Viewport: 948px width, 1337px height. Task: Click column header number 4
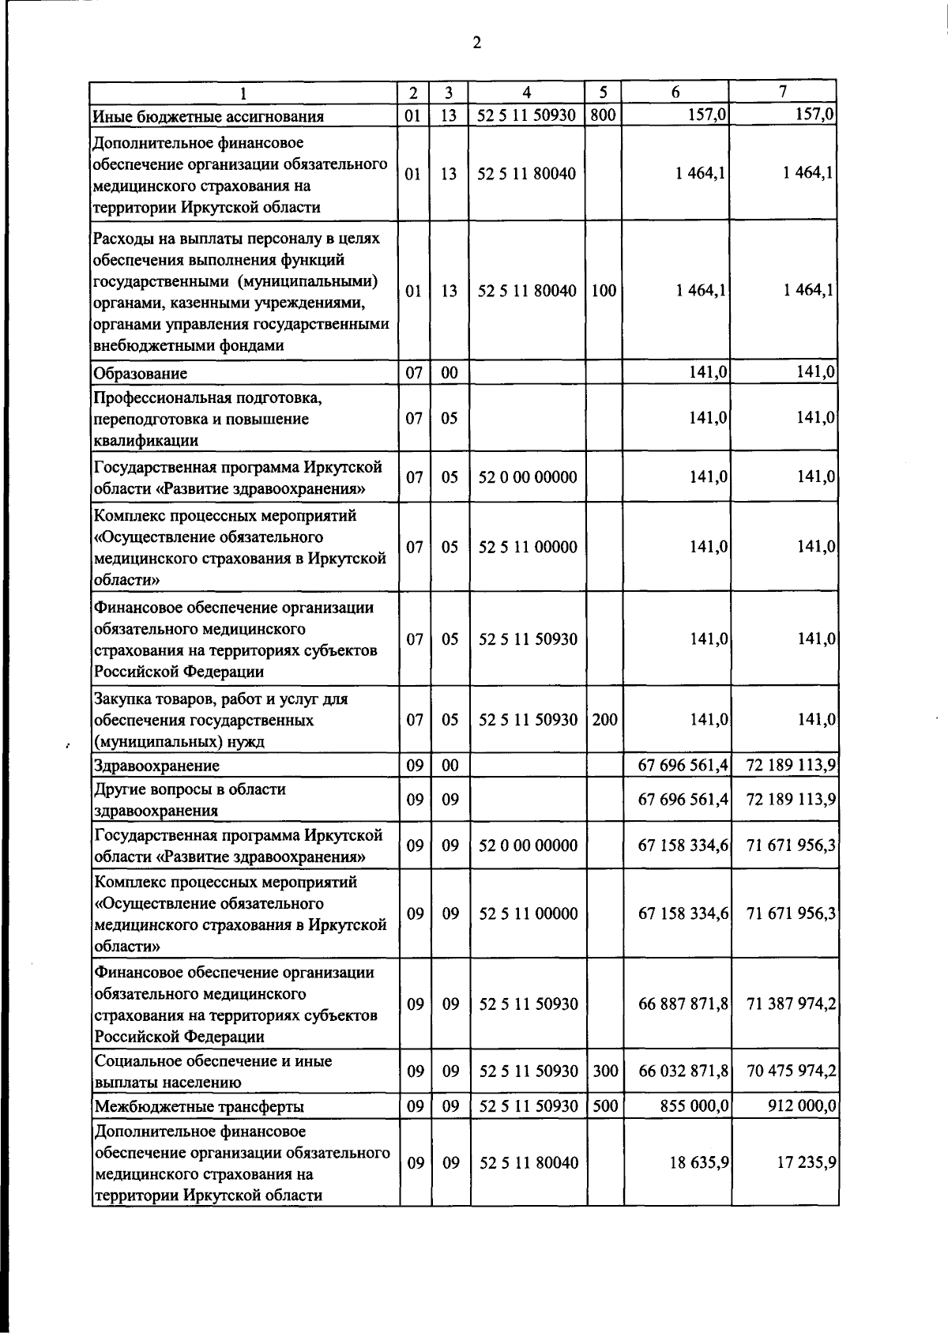pos(527,92)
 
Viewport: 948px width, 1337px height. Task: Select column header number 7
pos(783,92)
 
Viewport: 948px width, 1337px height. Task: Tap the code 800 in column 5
pos(603,115)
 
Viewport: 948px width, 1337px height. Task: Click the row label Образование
pos(140,373)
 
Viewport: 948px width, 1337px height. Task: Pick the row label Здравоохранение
pos(156,765)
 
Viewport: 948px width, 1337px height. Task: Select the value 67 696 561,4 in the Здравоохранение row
pos(683,765)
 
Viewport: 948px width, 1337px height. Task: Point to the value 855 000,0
pos(694,1106)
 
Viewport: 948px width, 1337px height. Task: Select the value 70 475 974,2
pos(791,1071)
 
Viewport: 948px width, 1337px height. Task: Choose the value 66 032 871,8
pos(683,1071)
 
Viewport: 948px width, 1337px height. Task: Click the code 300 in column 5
pos(604,1071)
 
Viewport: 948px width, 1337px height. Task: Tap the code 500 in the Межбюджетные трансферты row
pos(604,1106)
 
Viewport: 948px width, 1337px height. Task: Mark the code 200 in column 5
pos(604,720)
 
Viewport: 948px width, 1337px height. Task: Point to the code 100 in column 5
pos(604,291)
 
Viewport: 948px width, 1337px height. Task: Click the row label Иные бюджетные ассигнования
pos(208,117)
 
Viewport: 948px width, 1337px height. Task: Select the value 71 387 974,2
pos(791,1004)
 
